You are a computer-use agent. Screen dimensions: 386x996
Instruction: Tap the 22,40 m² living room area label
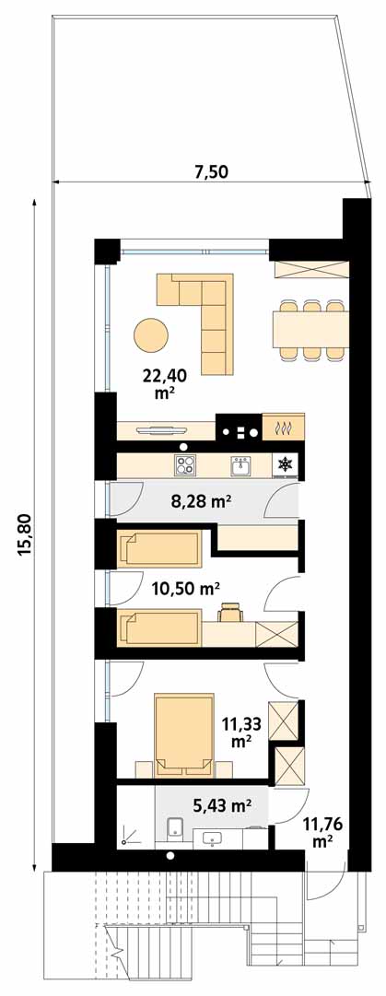pyautogui.click(x=164, y=384)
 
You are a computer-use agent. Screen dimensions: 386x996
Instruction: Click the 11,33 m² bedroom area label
pyautogui.click(x=239, y=732)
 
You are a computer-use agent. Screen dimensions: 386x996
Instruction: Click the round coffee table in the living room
pyautogui.click(x=151, y=334)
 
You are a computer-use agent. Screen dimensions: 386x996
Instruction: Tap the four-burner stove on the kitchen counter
pyautogui.click(x=186, y=466)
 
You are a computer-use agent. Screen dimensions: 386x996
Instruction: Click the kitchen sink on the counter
pyautogui.click(x=240, y=467)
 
